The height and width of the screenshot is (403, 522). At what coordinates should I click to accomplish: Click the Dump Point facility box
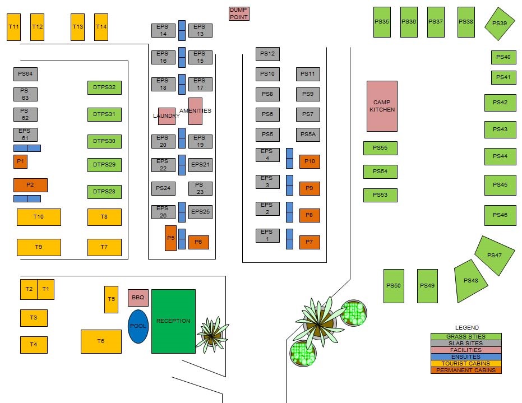click(239, 13)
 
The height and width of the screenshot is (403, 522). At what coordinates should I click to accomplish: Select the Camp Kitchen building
click(382, 106)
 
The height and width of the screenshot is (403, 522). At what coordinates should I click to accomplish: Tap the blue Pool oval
click(138, 326)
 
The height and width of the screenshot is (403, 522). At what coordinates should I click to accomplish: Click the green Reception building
click(173, 321)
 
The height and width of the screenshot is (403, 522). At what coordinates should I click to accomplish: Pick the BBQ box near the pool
click(138, 298)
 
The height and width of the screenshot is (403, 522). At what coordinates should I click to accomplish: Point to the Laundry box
click(167, 116)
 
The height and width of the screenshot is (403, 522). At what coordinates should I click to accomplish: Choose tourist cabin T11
click(14, 27)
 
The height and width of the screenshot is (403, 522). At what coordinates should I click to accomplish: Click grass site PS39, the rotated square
click(499, 24)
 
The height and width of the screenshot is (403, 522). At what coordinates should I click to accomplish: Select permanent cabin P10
click(309, 161)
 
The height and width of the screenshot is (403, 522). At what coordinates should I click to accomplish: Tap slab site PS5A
click(308, 135)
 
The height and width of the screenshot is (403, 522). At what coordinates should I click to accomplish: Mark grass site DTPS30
click(104, 141)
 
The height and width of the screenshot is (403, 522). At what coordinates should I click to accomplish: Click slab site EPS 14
click(163, 30)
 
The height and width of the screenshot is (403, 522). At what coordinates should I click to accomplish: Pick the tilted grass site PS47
click(495, 255)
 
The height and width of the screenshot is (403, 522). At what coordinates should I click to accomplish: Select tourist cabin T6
click(101, 341)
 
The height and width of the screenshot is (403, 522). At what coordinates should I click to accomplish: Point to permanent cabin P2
click(30, 185)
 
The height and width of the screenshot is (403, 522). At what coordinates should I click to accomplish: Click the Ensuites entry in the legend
click(466, 356)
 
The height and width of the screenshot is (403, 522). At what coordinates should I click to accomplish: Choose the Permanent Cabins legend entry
click(466, 370)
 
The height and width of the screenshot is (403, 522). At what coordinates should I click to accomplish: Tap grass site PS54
click(380, 172)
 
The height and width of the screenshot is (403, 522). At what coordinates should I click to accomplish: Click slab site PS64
click(25, 73)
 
